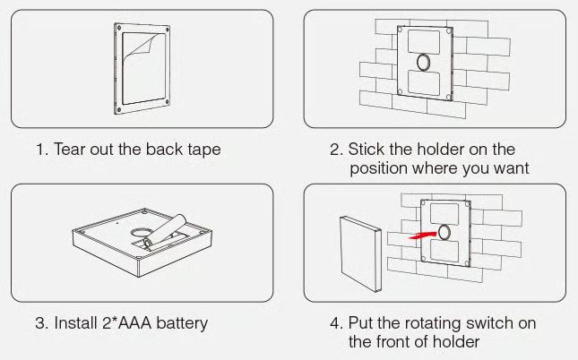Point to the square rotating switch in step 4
(359, 253)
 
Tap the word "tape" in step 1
(201, 150)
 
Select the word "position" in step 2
(379, 168)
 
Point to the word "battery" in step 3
(182, 322)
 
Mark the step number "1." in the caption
(41, 150)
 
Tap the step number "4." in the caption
(336, 322)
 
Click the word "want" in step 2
(511, 168)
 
